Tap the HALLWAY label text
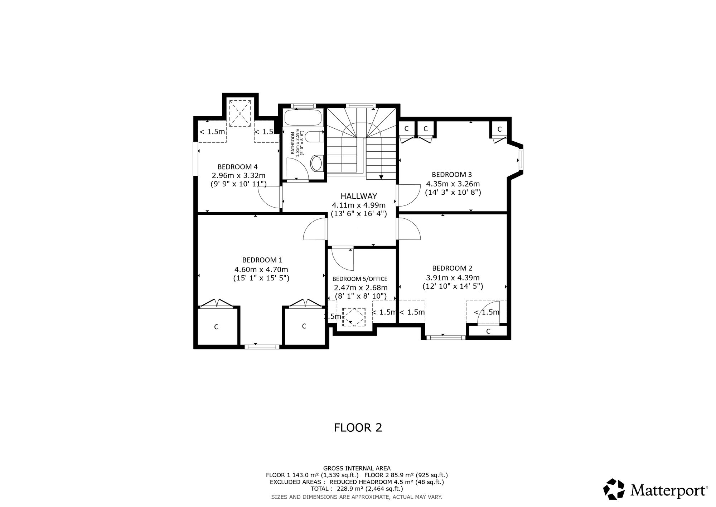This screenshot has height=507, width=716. [x=359, y=196]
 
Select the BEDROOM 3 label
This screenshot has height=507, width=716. [x=452, y=175]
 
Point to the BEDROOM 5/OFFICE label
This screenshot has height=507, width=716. [x=360, y=279]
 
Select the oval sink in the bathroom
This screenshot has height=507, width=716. [x=316, y=163]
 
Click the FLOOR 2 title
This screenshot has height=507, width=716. [x=358, y=427]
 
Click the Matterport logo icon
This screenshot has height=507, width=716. [x=614, y=489]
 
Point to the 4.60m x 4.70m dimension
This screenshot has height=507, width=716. [x=261, y=269]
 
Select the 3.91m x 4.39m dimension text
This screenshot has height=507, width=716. [x=453, y=278]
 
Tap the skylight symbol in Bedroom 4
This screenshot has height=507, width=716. [x=240, y=113]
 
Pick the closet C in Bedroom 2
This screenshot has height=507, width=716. [x=488, y=331]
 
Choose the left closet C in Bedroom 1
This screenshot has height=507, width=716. [x=216, y=327]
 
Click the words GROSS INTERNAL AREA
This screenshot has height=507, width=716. [x=357, y=468]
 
